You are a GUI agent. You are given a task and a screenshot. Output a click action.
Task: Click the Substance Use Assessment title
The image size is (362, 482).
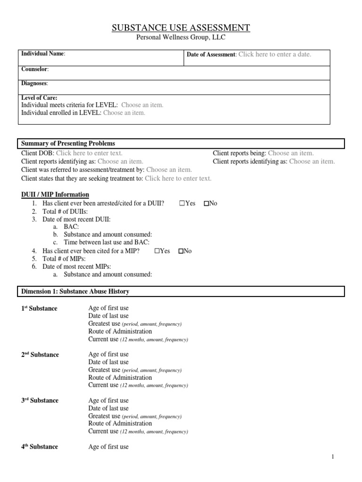(181, 28)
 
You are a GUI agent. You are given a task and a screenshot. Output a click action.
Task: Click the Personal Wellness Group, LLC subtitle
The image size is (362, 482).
(181, 38)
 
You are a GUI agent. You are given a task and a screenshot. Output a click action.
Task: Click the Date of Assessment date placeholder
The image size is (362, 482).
(275, 55)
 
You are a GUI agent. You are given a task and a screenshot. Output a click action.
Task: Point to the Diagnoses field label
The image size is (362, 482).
(35, 83)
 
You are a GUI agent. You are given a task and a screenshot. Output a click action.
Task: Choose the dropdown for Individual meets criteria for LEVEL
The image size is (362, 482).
(142, 105)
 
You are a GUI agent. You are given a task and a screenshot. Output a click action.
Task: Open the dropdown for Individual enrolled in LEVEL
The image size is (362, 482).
(124, 113)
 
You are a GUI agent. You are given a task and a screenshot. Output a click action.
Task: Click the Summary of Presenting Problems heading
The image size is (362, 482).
(68, 144)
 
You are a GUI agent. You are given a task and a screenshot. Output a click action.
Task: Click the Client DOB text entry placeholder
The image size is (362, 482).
(89, 153)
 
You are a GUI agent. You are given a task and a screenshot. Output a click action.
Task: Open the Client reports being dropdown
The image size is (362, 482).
(290, 153)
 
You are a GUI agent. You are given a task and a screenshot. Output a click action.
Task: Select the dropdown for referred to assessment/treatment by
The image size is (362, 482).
(169, 169)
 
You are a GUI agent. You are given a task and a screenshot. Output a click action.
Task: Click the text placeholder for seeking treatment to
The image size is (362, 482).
(178, 178)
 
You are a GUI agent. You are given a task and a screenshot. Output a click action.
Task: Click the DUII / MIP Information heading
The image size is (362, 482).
(55, 194)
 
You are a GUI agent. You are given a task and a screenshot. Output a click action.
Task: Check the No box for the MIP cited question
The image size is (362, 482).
(181, 251)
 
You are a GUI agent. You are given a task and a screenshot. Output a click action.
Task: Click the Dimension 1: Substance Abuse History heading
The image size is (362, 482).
(75, 292)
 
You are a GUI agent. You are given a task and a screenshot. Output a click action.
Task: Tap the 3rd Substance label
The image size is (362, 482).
(40, 401)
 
